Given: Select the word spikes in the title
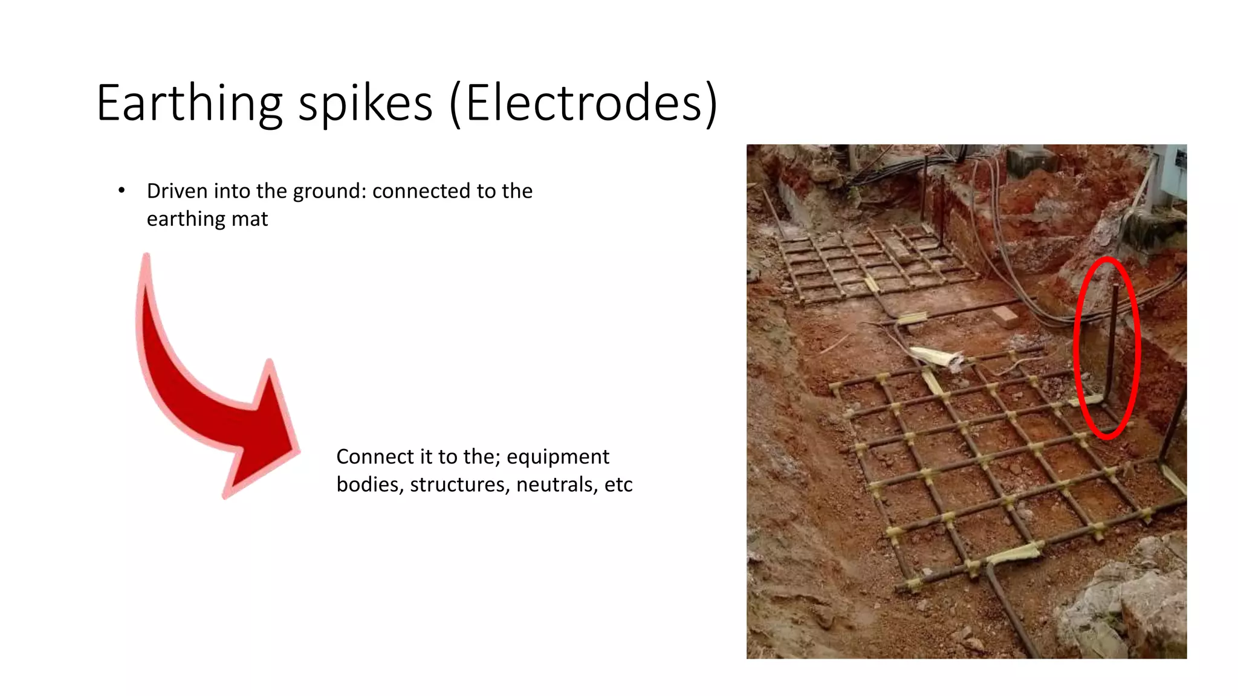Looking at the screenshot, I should pos(365,104).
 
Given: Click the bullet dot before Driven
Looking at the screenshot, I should pos(122,191).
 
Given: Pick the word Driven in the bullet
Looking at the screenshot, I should pos(177,191).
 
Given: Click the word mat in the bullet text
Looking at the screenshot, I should pos(253,219).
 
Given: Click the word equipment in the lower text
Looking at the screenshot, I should pos(557,457).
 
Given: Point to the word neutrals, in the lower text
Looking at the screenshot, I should pos(557,485).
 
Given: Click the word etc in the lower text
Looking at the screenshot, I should pos(618,485).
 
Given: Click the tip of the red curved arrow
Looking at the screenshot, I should pos(299,450).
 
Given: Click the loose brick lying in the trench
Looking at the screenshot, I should pos(1005,317).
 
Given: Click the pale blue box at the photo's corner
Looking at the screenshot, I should pos(1179,163).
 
